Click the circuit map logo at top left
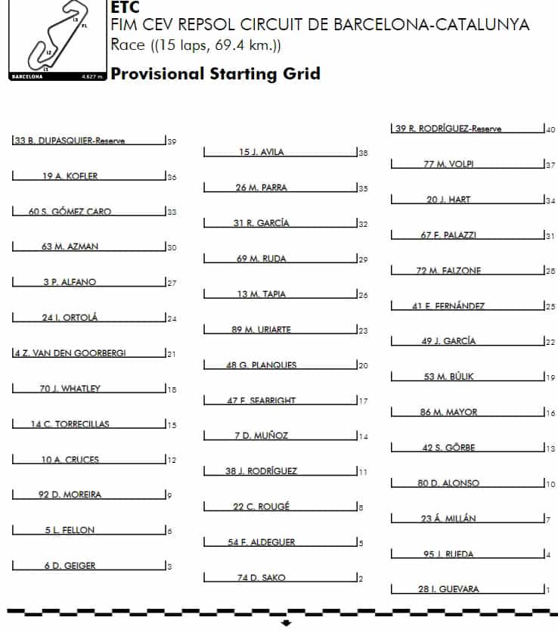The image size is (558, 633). (x=53, y=39)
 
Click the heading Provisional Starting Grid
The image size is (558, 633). (x=215, y=73)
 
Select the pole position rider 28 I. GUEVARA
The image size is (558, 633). (x=448, y=589)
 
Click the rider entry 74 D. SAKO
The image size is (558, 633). (x=262, y=578)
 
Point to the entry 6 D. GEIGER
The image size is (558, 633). (x=70, y=566)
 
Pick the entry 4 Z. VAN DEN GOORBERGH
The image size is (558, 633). (x=70, y=353)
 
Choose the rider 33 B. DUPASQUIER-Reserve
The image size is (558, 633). (x=70, y=141)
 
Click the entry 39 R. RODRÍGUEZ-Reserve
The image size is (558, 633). (x=449, y=129)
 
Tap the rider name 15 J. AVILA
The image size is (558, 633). (x=262, y=152)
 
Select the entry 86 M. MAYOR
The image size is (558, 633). (x=449, y=412)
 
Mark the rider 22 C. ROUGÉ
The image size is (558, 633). (x=262, y=507)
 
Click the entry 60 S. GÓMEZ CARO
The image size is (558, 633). (x=70, y=212)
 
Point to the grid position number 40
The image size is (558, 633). (x=550, y=129)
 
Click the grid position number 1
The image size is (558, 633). (x=547, y=589)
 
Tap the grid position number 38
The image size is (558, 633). (x=364, y=153)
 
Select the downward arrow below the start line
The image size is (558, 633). (x=286, y=623)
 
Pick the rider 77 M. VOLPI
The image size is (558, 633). (x=449, y=164)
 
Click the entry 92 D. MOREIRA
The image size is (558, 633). (x=70, y=495)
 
